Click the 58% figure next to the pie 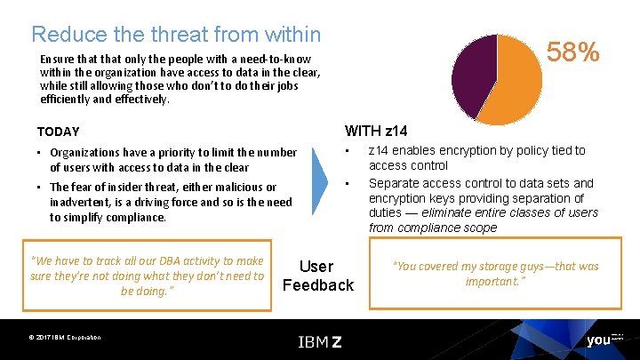pyautogui.click(x=572, y=52)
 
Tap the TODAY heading pyautogui.click(x=59, y=132)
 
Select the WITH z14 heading pyautogui.click(x=376, y=131)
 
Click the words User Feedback pyautogui.click(x=317, y=276)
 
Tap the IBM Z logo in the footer pyautogui.click(x=319, y=341)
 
